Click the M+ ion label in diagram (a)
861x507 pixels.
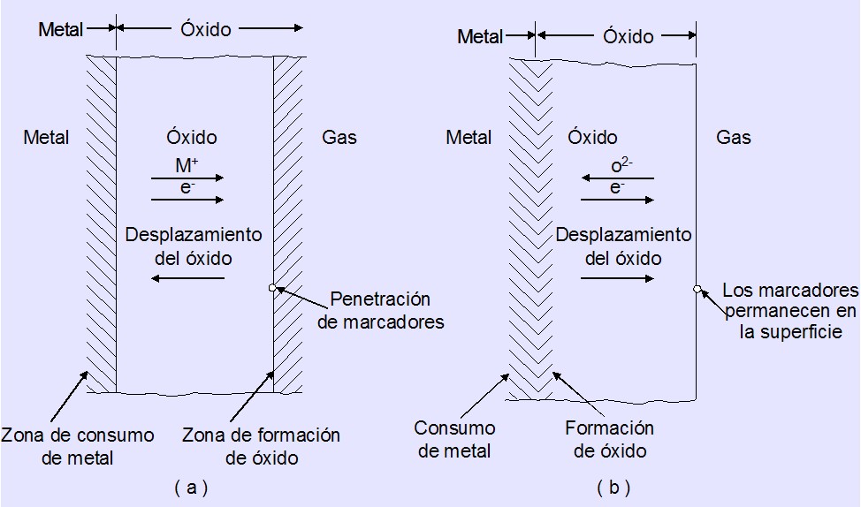pyautogui.click(x=187, y=166)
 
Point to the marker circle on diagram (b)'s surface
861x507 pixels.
pyautogui.click(x=697, y=288)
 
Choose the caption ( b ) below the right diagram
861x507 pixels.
pyautogui.click(x=613, y=487)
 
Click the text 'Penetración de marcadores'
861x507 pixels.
pyautogui.click(x=380, y=310)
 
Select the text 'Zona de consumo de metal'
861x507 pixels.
pyautogui.click(x=78, y=446)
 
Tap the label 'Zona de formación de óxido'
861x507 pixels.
pyautogui.click(x=261, y=446)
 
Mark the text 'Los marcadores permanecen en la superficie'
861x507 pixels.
pyautogui.click(x=789, y=310)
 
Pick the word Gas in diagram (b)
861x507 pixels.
pyautogui.click(x=734, y=138)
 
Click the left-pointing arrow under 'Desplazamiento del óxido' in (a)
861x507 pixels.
pyautogui.click(x=187, y=278)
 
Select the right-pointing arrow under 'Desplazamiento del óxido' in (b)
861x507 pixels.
pyautogui.click(x=617, y=278)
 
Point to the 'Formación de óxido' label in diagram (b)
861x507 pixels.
pyautogui.click(x=610, y=439)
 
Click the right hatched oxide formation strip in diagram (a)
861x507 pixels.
pyautogui.click(x=287, y=225)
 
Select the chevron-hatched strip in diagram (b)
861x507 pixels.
pyautogui.click(x=531, y=230)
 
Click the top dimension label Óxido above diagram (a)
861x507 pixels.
pyautogui.click(x=206, y=29)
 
